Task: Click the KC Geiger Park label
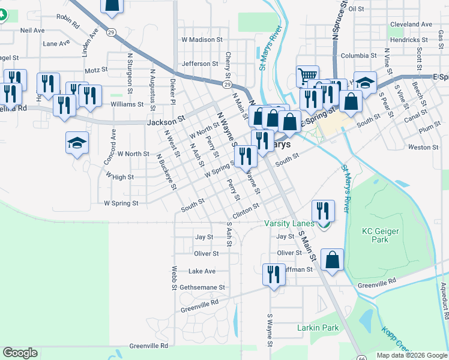click(x=384, y=235)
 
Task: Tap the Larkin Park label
click(x=318, y=328)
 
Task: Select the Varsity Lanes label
click(x=289, y=224)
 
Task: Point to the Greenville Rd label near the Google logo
click(x=148, y=346)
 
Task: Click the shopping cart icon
click(x=307, y=76)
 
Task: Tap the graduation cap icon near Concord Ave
click(x=76, y=143)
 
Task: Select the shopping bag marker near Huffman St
click(x=332, y=260)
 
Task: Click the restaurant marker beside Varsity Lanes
click(x=323, y=211)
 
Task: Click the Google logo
click(x=20, y=353)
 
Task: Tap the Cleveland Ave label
click(x=411, y=25)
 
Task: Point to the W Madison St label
click(x=202, y=40)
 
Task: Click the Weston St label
click(x=423, y=147)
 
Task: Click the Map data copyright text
click(x=412, y=355)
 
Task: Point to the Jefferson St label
click(x=200, y=64)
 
